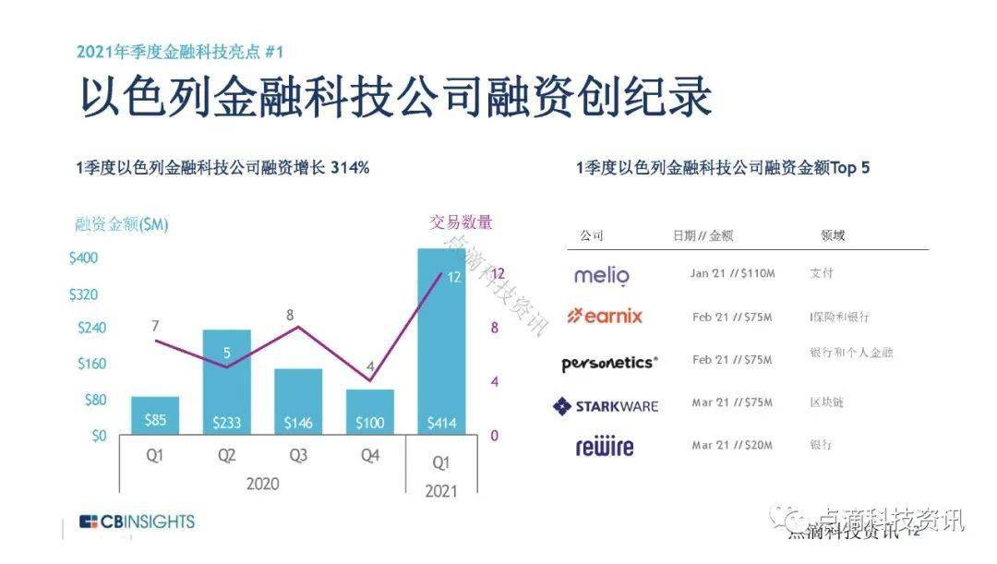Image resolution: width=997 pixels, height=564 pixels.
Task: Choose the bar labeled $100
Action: [x=370, y=412]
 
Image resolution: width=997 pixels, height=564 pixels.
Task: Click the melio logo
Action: [x=601, y=275]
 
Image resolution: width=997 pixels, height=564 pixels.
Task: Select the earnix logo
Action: [x=605, y=316]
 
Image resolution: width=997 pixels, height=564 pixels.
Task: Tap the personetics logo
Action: [x=609, y=363]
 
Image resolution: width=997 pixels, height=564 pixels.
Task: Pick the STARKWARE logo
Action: [x=606, y=405]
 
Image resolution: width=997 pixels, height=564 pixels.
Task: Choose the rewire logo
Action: [x=605, y=448]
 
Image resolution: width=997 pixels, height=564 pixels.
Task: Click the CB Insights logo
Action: [x=137, y=522]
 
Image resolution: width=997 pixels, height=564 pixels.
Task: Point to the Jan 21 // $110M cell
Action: [x=732, y=274]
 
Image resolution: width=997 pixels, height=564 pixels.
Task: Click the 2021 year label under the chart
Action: [x=441, y=492]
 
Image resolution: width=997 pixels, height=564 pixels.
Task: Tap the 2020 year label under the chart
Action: [x=262, y=483]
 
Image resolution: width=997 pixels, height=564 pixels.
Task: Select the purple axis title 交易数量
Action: [x=461, y=222]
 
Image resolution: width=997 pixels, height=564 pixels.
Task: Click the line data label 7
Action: [x=155, y=325]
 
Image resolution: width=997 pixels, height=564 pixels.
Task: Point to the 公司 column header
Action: [x=592, y=235]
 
